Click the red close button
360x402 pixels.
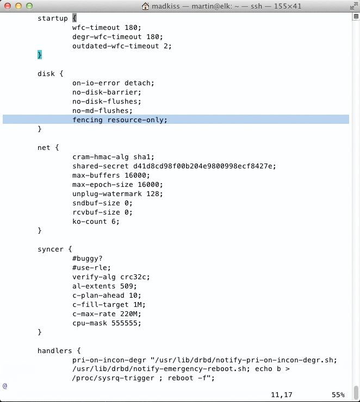pyautogui.click(x=8, y=6)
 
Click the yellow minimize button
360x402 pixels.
pyautogui.click(x=18, y=6)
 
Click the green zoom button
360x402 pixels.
pyautogui.click(x=29, y=6)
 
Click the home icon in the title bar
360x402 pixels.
pyautogui.click(x=146, y=6)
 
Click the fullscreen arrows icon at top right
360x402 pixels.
pyautogui.click(x=354, y=6)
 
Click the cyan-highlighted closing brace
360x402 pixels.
pyautogui.click(x=40, y=55)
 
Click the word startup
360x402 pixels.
pyautogui.click(x=53, y=18)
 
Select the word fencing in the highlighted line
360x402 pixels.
pyautogui.click(x=88, y=120)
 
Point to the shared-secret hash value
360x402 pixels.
pyautogui.click(x=203, y=166)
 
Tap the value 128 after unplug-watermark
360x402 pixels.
pyautogui.click(x=153, y=194)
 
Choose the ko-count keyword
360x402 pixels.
pyautogui.click(x=90, y=222)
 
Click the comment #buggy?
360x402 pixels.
pyautogui.click(x=87, y=259)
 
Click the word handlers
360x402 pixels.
pyautogui.click(x=55, y=351)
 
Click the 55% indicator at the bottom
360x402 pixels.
pyautogui.click(x=338, y=394)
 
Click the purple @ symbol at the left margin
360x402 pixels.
pyautogui.click(x=5, y=386)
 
